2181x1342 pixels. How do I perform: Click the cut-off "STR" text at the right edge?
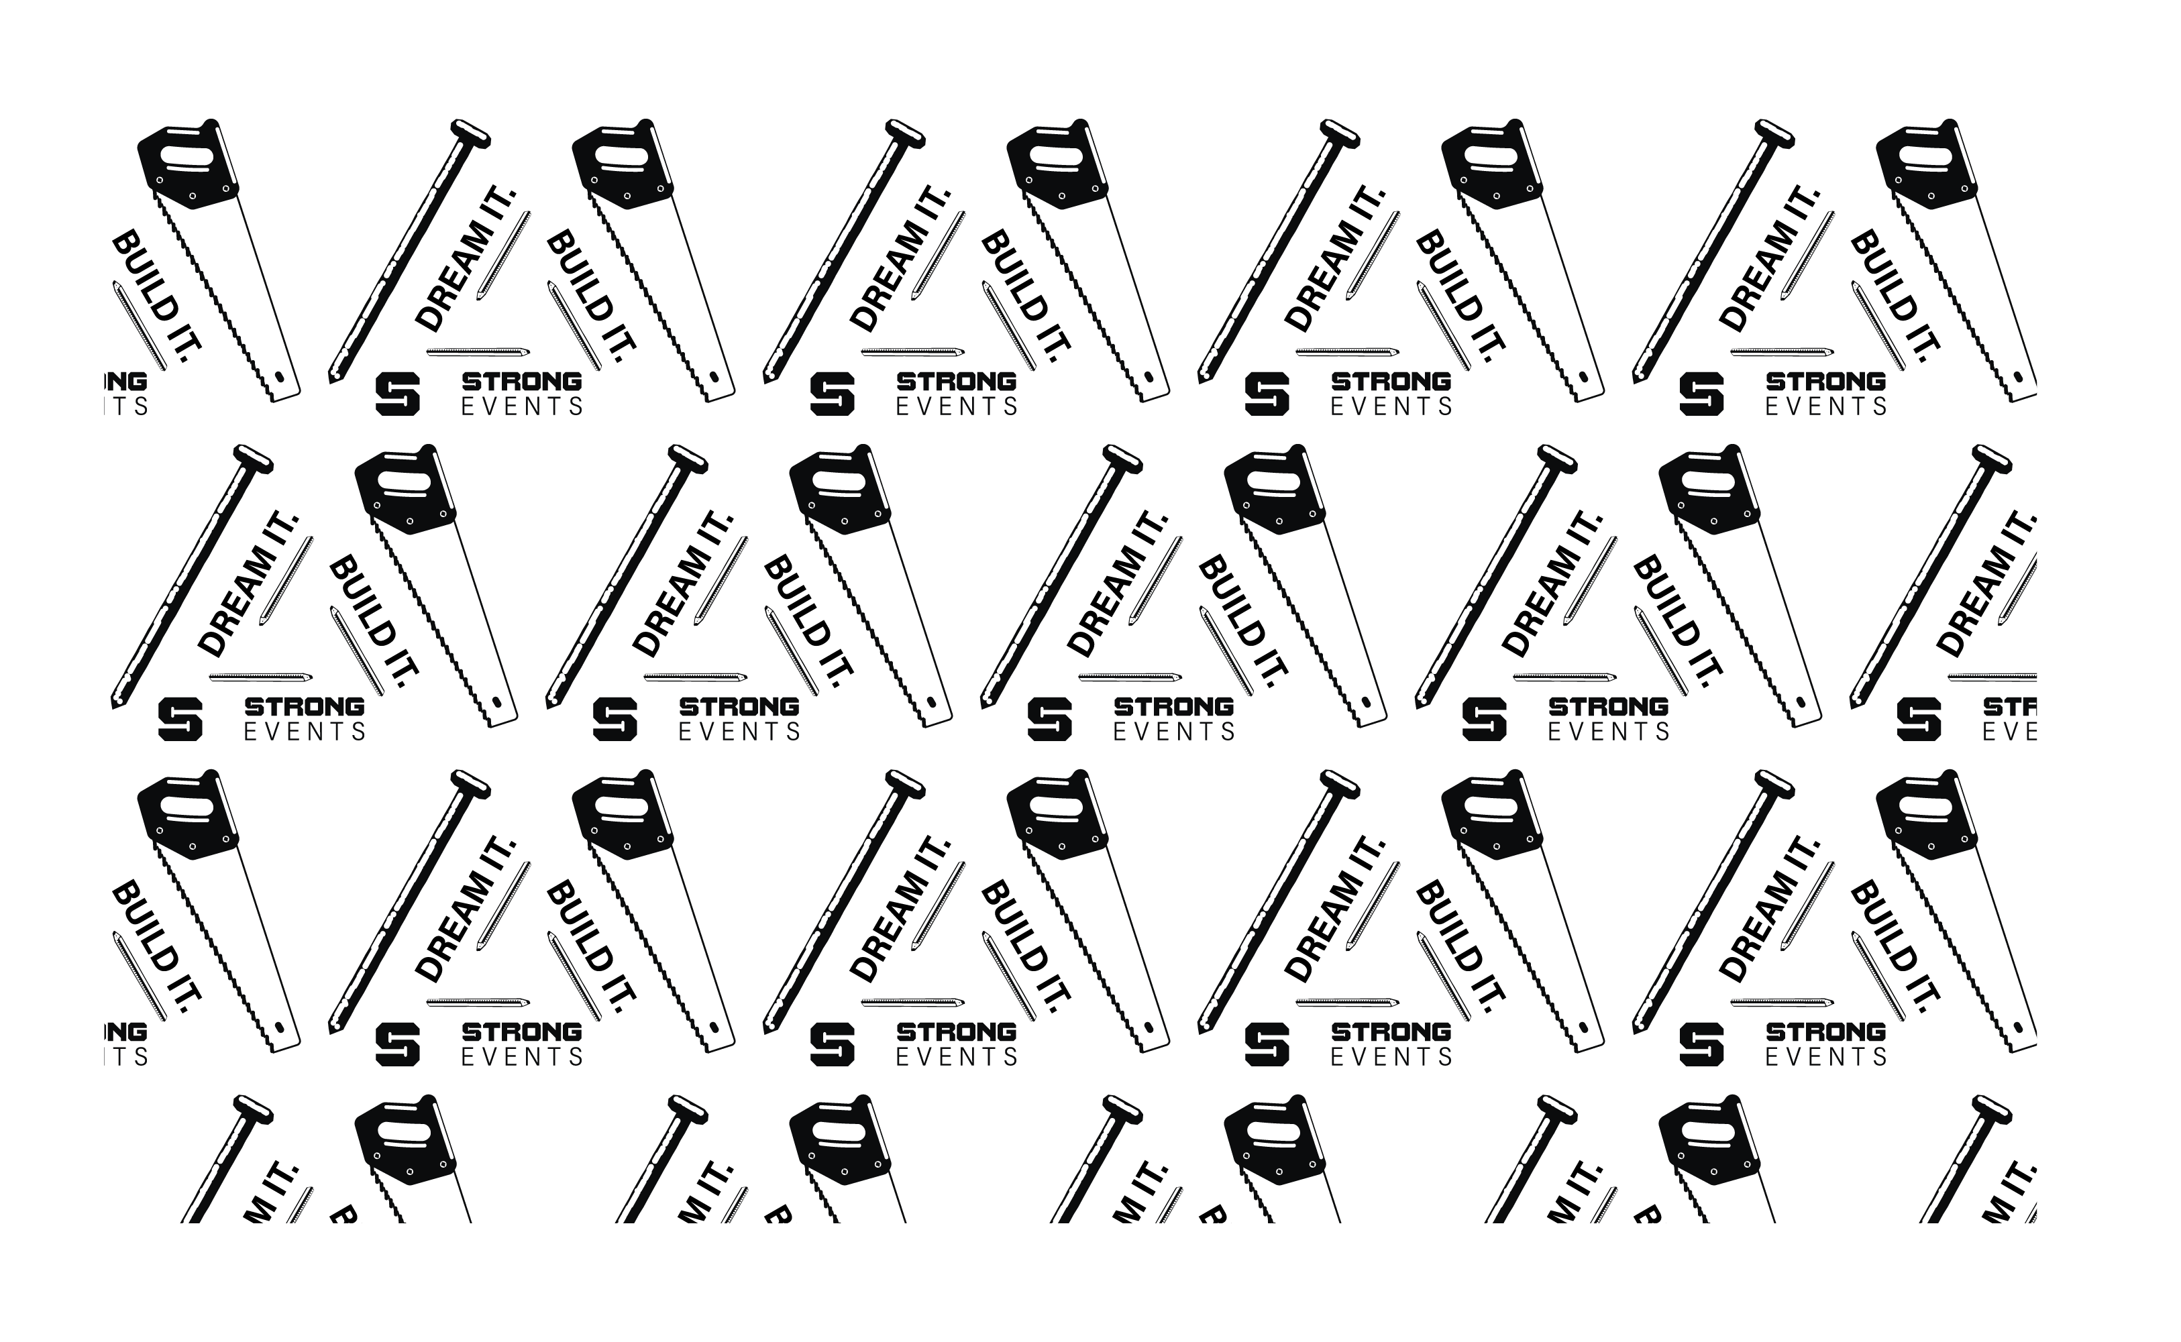2011,706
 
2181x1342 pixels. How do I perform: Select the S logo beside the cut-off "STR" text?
1918,719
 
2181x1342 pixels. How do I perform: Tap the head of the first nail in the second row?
254,458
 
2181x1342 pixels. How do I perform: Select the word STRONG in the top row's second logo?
956,382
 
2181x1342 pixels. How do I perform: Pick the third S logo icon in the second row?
1049,719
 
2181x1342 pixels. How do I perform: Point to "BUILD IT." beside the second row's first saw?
373,621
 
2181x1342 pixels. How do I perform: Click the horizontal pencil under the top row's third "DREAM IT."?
1346,351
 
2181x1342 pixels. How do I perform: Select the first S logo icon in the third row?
396,1044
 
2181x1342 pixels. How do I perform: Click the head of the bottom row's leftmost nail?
254,1109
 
